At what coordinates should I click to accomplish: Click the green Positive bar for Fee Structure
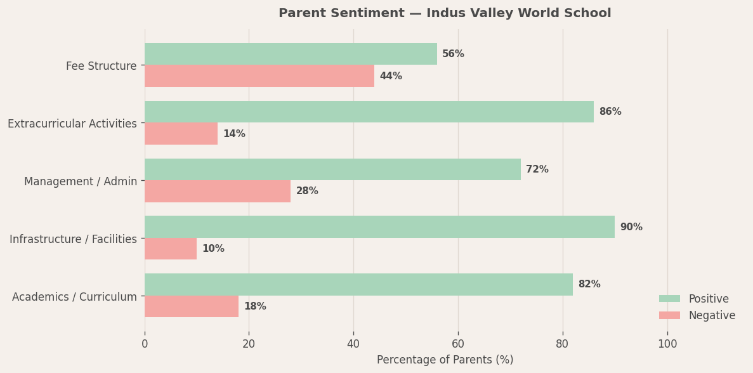[x=291, y=54]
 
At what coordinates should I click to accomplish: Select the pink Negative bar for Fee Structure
[x=259, y=76]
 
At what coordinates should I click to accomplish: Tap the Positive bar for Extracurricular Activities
[x=369, y=112]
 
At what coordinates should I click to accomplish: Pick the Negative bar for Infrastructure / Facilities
[x=171, y=249]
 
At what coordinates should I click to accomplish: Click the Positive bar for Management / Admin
[x=332, y=169]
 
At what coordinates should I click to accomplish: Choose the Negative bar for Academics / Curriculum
[x=192, y=306]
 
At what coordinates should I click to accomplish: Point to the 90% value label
[x=631, y=227]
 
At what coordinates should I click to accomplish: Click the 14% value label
[x=234, y=134]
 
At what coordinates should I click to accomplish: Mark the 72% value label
[x=537, y=169]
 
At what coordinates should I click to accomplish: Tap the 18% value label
[x=255, y=306]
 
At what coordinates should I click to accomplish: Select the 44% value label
[x=391, y=76]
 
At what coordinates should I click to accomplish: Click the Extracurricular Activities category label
[x=72, y=124]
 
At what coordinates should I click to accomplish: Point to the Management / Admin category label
[x=81, y=181]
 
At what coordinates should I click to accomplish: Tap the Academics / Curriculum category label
[x=74, y=297]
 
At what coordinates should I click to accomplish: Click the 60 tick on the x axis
[x=458, y=344]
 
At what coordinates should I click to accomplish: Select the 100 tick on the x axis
[x=667, y=344]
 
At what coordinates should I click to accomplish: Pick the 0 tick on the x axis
[x=145, y=344]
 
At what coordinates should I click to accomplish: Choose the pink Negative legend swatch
[x=669, y=315]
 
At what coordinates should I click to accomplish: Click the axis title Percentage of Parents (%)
[x=445, y=360]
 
